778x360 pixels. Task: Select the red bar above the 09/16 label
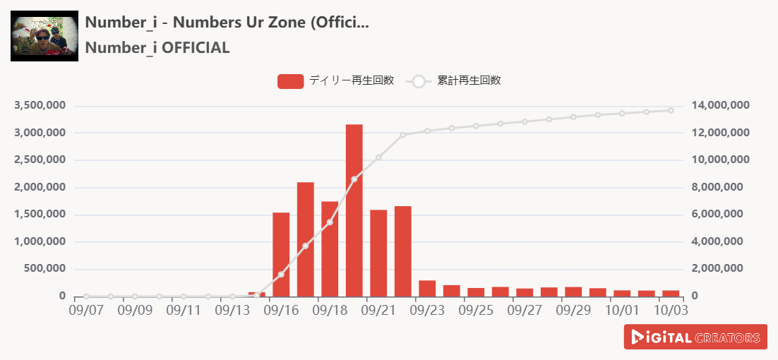pyautogui.click(x=281, y=254)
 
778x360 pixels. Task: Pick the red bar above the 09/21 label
pyautogui.click(x=378, y=253)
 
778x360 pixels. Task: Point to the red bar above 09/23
pyautogui.click(x=427, y=289)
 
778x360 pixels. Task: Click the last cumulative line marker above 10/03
pyautogui.click(x=671, y=110)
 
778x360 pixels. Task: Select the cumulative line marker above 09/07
pyautogui.click(x=86, y=296)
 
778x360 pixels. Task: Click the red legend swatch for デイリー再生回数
pyautogui.click(x=290, y=81)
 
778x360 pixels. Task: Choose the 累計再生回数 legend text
pyautogui.click(x=469, y=80)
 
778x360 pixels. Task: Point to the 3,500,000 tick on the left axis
pyautogui.click(x=40, y=106)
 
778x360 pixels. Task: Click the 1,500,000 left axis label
pyautogui.click(x=40, y=215)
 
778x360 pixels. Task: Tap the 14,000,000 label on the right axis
pyautogui.click(x=720, y=106)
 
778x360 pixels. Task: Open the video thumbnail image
pyautogui.click(x=44, y=36)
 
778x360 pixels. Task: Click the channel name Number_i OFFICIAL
pyautogui.click(x=157, y=48)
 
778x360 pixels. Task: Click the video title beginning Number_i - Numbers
pyautogui.click(x=227, y=21)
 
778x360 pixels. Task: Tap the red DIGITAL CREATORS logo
pyautogui.click(x=695, y=337)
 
